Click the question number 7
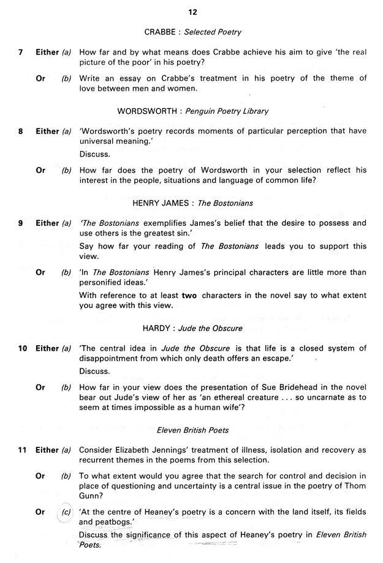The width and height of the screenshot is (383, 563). point(21,53)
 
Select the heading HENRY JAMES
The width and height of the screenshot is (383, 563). point(161,203)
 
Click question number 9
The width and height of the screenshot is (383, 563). point(21,223)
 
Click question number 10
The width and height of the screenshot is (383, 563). point(22,348)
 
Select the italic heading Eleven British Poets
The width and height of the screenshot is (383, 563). point(194,430)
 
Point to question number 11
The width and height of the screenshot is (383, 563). point(22,450)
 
